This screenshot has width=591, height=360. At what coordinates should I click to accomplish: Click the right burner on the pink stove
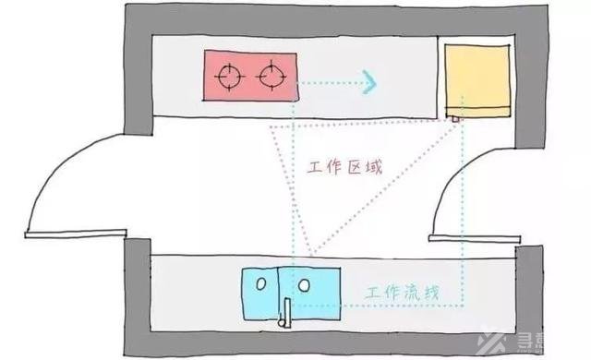point(272,74)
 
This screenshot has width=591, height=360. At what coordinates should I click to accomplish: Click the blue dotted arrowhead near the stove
point(368,83)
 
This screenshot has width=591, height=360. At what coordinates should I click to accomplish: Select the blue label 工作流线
point(399,294)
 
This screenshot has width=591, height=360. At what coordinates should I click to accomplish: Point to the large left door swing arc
point(55,175)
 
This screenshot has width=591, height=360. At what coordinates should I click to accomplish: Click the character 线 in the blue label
point(428,294)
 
